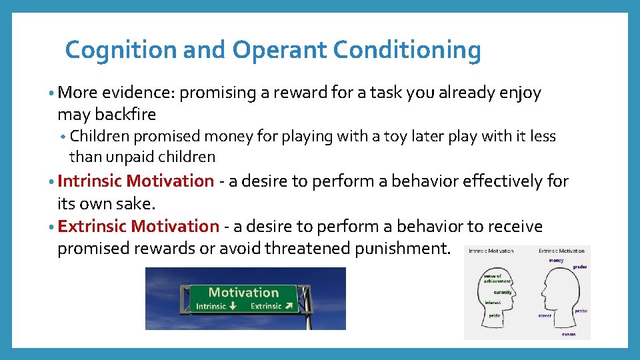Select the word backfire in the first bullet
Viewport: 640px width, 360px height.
tap(126, 114)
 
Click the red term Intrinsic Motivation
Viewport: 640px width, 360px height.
tap(136, 181)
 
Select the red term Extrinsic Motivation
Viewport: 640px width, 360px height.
tap(138, 226)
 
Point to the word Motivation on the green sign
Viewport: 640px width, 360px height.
tap(243, 292)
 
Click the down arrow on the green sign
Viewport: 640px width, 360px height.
tap(232, 306)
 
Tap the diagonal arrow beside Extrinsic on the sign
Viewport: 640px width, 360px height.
tap(288, 306)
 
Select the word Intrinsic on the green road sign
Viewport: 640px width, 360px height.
tap(211, 306)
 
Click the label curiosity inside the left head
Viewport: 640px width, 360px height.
tap(502, 292)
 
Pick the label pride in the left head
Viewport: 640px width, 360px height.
tap(494, 315)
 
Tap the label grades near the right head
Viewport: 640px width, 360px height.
tap(579, 267)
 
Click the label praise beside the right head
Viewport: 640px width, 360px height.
tap(581, 311)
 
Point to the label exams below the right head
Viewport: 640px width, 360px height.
tap(568, 334)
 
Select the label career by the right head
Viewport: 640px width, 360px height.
tap(545, 315)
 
